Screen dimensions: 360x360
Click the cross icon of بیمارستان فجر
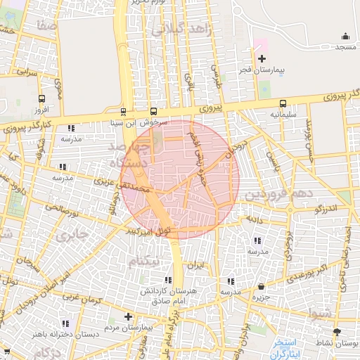tap(262, 59)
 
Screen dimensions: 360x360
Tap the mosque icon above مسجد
tap(345, 36)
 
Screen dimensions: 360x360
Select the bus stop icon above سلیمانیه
tap(283, 103)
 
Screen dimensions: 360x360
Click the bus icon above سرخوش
tap(154, 111)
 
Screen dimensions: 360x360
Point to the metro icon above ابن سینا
tap(124, 111)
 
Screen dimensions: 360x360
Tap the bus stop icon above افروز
tap(41, 99)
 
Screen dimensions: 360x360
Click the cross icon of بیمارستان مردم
tap(127, 317)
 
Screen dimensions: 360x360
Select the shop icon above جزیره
tap(262, 287)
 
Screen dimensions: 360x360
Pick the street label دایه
tap(253, 219)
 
